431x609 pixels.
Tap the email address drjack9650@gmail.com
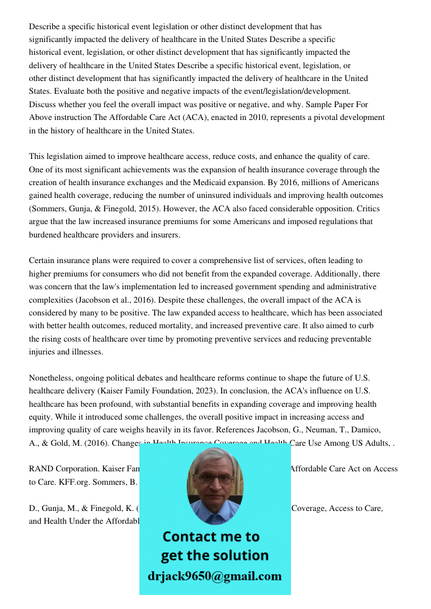[215, 576]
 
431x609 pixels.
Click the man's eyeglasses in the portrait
[215, 479]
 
